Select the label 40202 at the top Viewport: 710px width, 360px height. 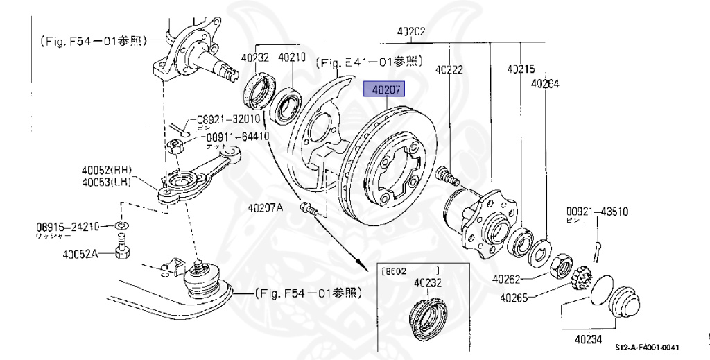(x=411, y=32)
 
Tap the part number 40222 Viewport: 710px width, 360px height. (x=449, y=69)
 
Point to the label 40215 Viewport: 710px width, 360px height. (x=521, y=69)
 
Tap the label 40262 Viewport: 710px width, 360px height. (x=508, y=280)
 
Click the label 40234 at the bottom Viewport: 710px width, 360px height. (x=588, y=340)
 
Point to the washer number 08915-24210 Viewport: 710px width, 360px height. (x=64, y=226)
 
